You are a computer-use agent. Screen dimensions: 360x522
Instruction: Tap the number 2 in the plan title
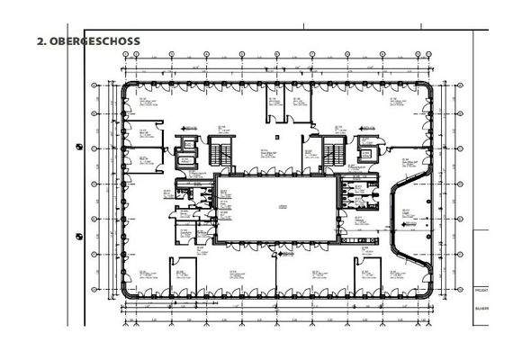[40, 40]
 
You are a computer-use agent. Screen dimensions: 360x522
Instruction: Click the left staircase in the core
[220, 151]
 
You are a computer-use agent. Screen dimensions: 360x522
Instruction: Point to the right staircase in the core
[334, 152]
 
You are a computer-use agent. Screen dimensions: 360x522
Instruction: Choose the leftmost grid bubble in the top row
[123, 55]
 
